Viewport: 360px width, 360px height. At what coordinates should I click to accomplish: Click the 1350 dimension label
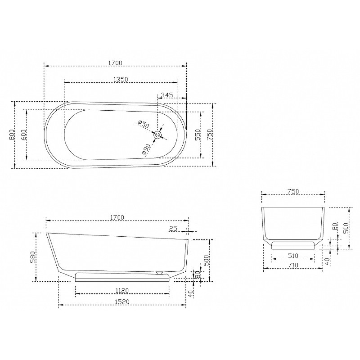click(121, 79)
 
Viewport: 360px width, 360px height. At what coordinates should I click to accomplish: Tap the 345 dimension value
click(166, 95)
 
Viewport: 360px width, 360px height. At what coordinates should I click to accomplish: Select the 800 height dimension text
click(12, 135)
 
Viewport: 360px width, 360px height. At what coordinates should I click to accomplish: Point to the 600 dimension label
click(24, 135)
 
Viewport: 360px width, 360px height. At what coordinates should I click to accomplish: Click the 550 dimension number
click(198, 135)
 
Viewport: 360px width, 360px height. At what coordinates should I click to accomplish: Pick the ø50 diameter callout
click(144, 124)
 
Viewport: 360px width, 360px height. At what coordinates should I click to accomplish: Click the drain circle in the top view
click(158, 135)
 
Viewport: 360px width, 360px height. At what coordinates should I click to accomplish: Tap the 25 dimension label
click(173, 229)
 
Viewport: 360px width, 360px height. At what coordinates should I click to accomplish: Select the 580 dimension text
click(34, 257)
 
